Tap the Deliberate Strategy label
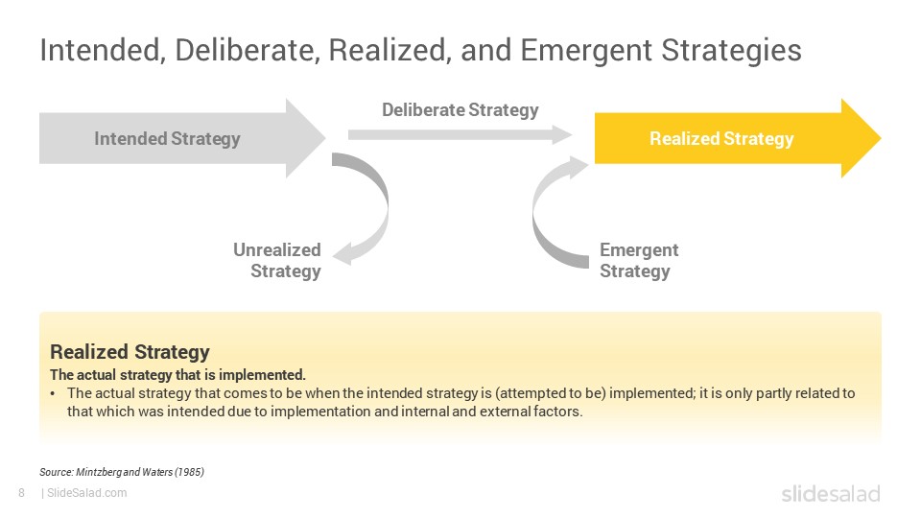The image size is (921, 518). coord(460,109)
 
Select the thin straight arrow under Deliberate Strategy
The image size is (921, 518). coord(460,134)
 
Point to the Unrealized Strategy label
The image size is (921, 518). coord(276,260)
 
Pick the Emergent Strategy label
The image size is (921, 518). coord(639,260)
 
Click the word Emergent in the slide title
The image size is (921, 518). coord(585,51)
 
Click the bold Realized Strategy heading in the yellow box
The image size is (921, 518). coord(130,352)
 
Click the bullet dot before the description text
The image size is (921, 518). coord(53,394)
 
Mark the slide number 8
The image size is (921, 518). coord(22,493)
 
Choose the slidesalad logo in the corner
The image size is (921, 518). coord(831,493)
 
